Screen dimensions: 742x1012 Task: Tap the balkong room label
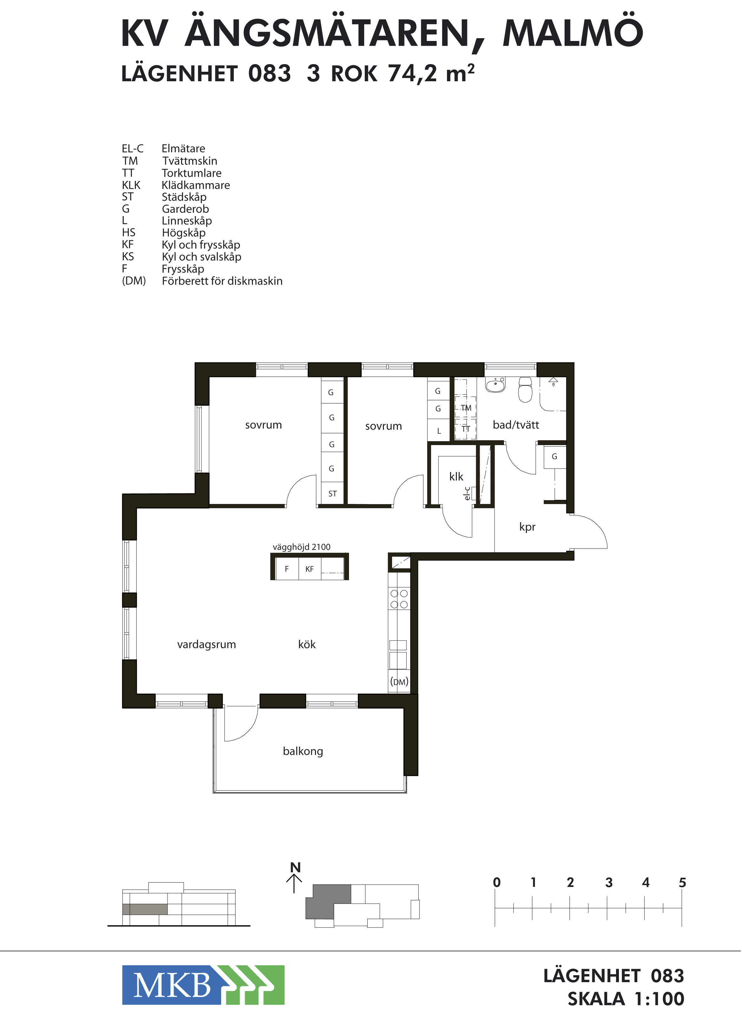coord(303,751)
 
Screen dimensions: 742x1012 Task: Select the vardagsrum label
coord(207,645)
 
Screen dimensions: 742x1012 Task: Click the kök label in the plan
coord(307,644)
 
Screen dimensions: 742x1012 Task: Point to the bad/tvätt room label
coord(515,425)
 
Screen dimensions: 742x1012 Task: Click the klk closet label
coord(456,476)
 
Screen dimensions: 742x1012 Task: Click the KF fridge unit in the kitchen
coord(310,569)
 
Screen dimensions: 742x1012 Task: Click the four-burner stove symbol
coord(399,599)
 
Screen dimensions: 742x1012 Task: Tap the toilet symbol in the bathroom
coord(525,389)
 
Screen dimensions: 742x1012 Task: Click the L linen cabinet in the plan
coord(438,430)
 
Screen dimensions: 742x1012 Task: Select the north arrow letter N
coord(295,867)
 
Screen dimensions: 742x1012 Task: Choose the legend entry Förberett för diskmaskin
coord(222,281)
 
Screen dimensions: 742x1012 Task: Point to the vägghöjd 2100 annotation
coord(301,547)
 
